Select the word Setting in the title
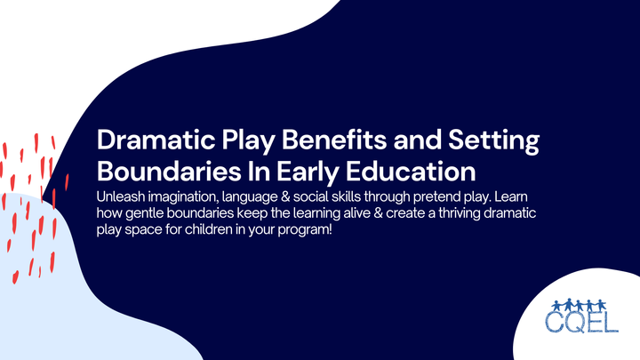(x=492, y=142)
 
